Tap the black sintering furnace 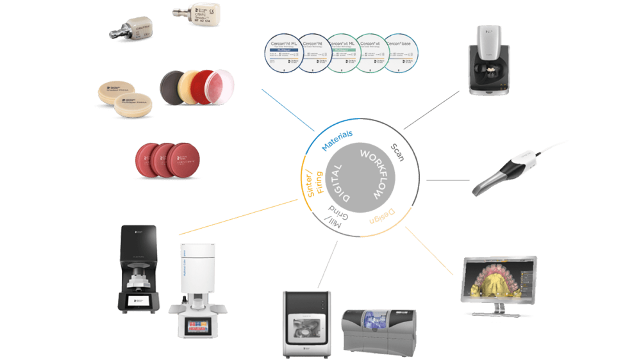tap(137, 269)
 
